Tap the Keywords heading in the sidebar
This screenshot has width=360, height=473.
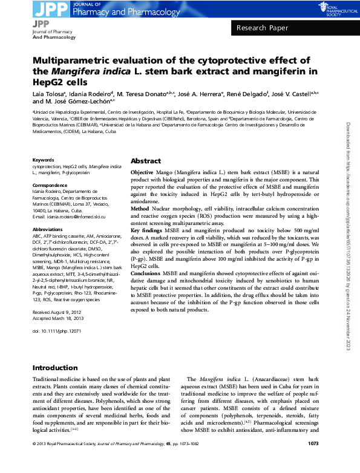tap(43, 160)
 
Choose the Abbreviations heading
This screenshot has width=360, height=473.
tap(47, 230)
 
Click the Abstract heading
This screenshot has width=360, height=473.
tap(146, 161)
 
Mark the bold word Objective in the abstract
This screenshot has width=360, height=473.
tap(142, 172)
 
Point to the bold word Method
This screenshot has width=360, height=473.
tap(140, 207)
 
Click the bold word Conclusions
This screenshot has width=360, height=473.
tap(147, 273)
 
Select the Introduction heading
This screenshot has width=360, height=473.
tap(55, 368)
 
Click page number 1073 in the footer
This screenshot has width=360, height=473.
tap(313, 461)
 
